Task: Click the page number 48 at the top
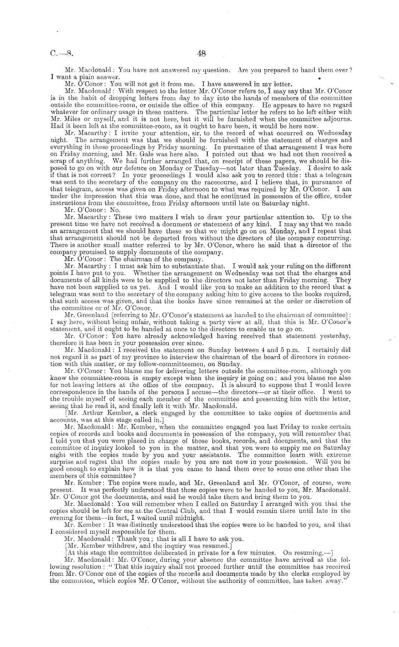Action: [x=201, y=54]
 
